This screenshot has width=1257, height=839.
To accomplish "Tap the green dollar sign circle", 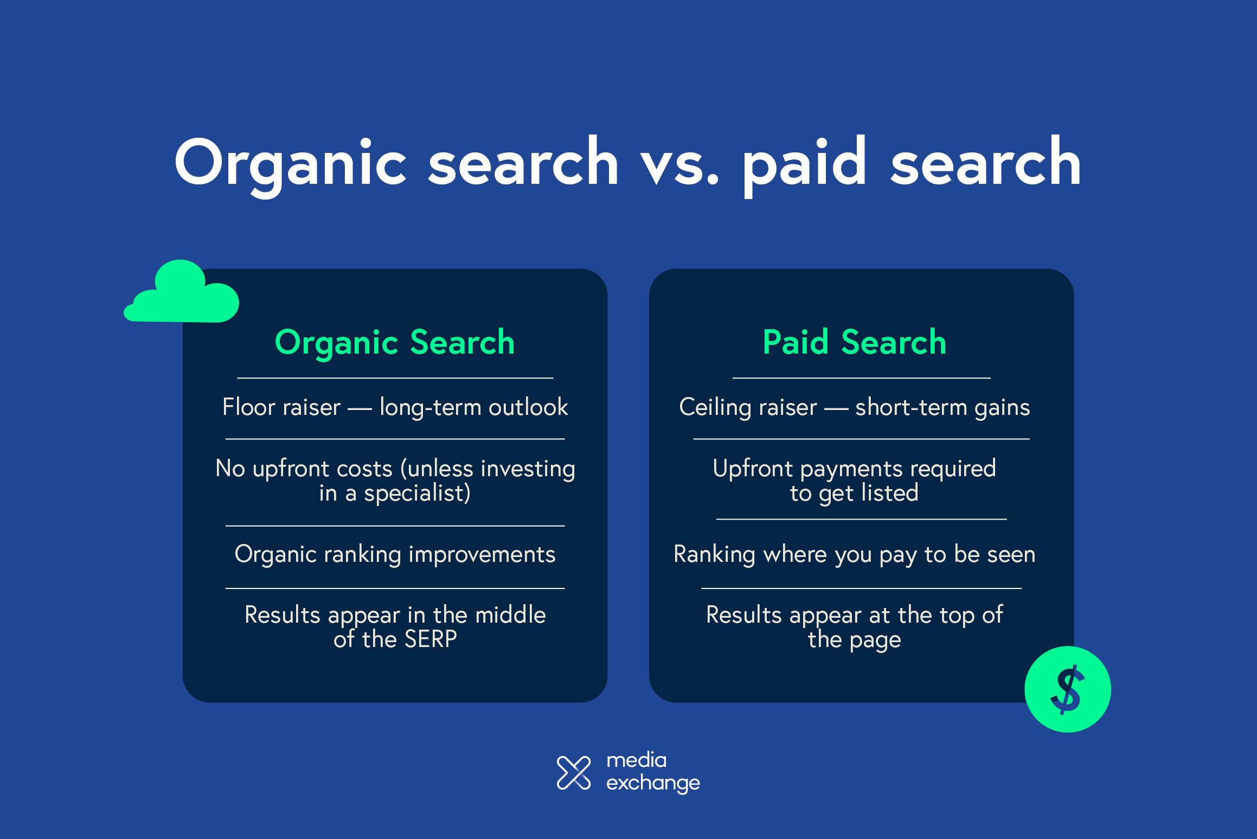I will click(1067, 689).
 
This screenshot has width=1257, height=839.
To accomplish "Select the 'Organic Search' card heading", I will click(395, 343).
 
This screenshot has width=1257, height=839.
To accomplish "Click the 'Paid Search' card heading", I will click(854, 343).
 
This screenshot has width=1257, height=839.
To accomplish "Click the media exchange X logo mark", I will click(574, 772).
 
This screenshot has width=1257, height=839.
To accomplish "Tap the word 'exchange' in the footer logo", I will click(653, 783).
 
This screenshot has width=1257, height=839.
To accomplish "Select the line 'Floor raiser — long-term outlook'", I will click(395, 407).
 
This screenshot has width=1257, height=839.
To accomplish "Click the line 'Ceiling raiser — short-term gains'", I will click(854, 407).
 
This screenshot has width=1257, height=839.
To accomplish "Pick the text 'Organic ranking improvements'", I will click(395, 554).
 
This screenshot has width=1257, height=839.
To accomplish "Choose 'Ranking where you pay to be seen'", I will click(854, 554).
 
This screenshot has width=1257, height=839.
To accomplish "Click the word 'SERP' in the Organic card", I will click(431, 639).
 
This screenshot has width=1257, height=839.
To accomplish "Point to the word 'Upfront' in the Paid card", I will click(753, 469).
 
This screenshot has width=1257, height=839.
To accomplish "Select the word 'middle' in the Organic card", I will click(510, 615).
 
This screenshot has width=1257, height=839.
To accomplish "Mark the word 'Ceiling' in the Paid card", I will click(714, 407).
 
